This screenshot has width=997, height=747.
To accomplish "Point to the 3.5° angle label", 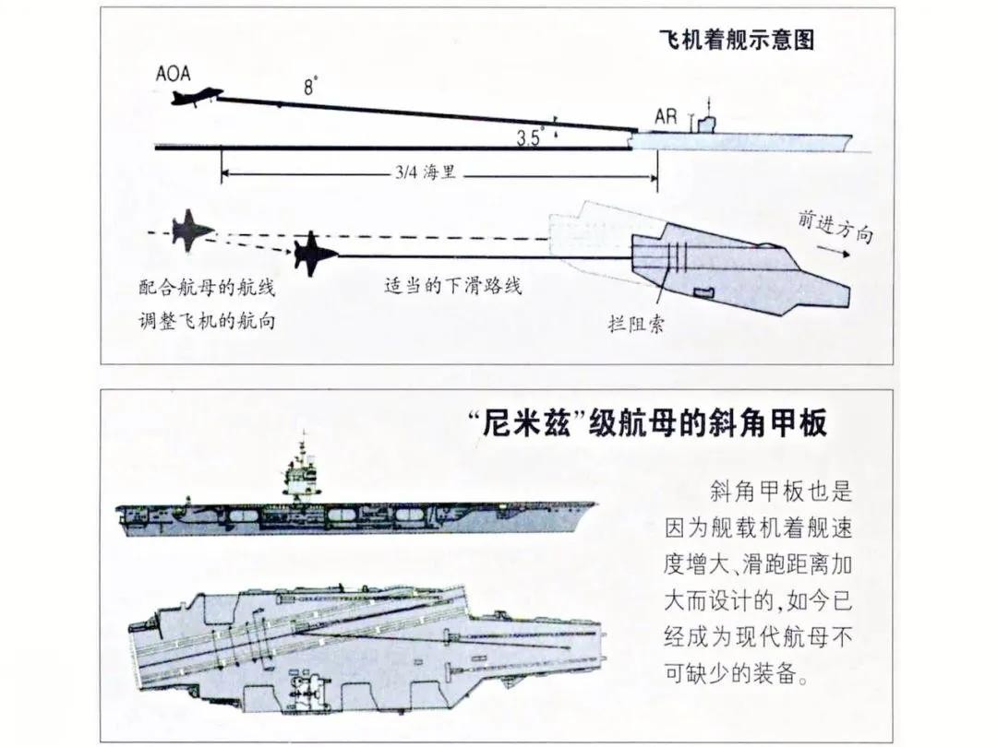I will click(530, 139).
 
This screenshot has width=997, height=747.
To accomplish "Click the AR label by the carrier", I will click(666, 117).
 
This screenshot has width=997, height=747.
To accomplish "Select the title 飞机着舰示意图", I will click(735, 41).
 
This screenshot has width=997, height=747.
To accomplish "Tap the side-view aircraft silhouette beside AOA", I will click(197, 97).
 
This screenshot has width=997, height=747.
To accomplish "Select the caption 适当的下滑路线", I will click(452, 285).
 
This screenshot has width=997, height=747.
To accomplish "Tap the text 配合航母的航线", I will click(207, 287).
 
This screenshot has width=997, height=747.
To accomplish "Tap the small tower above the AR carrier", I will click(707, 118).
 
